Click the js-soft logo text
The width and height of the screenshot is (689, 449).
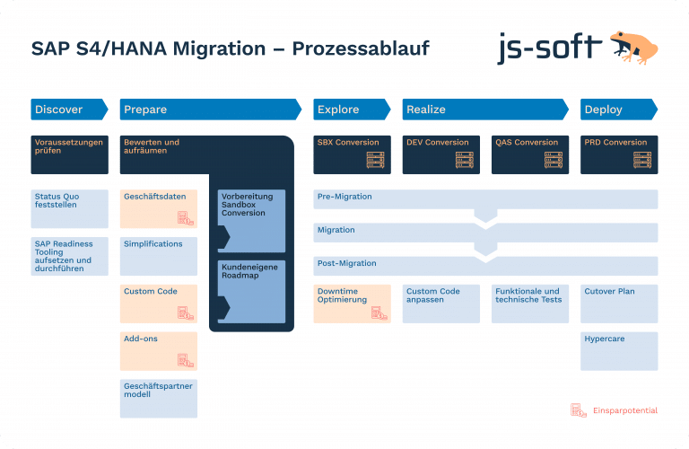pos(549,48)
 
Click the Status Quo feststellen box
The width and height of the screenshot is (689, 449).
pos(68,208)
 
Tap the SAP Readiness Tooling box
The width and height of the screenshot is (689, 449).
pos(68,256)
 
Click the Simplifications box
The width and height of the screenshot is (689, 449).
pos(159,256)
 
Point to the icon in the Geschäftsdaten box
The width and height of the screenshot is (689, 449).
pos(185,217)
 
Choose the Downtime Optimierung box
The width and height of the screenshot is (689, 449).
pos(353,304)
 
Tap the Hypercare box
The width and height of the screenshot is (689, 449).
pos(619,351)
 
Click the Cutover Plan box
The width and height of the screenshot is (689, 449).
pos(619,304)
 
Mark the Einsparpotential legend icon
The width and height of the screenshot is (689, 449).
pos(579,410)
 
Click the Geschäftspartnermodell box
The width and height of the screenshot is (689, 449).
pos(159,398)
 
